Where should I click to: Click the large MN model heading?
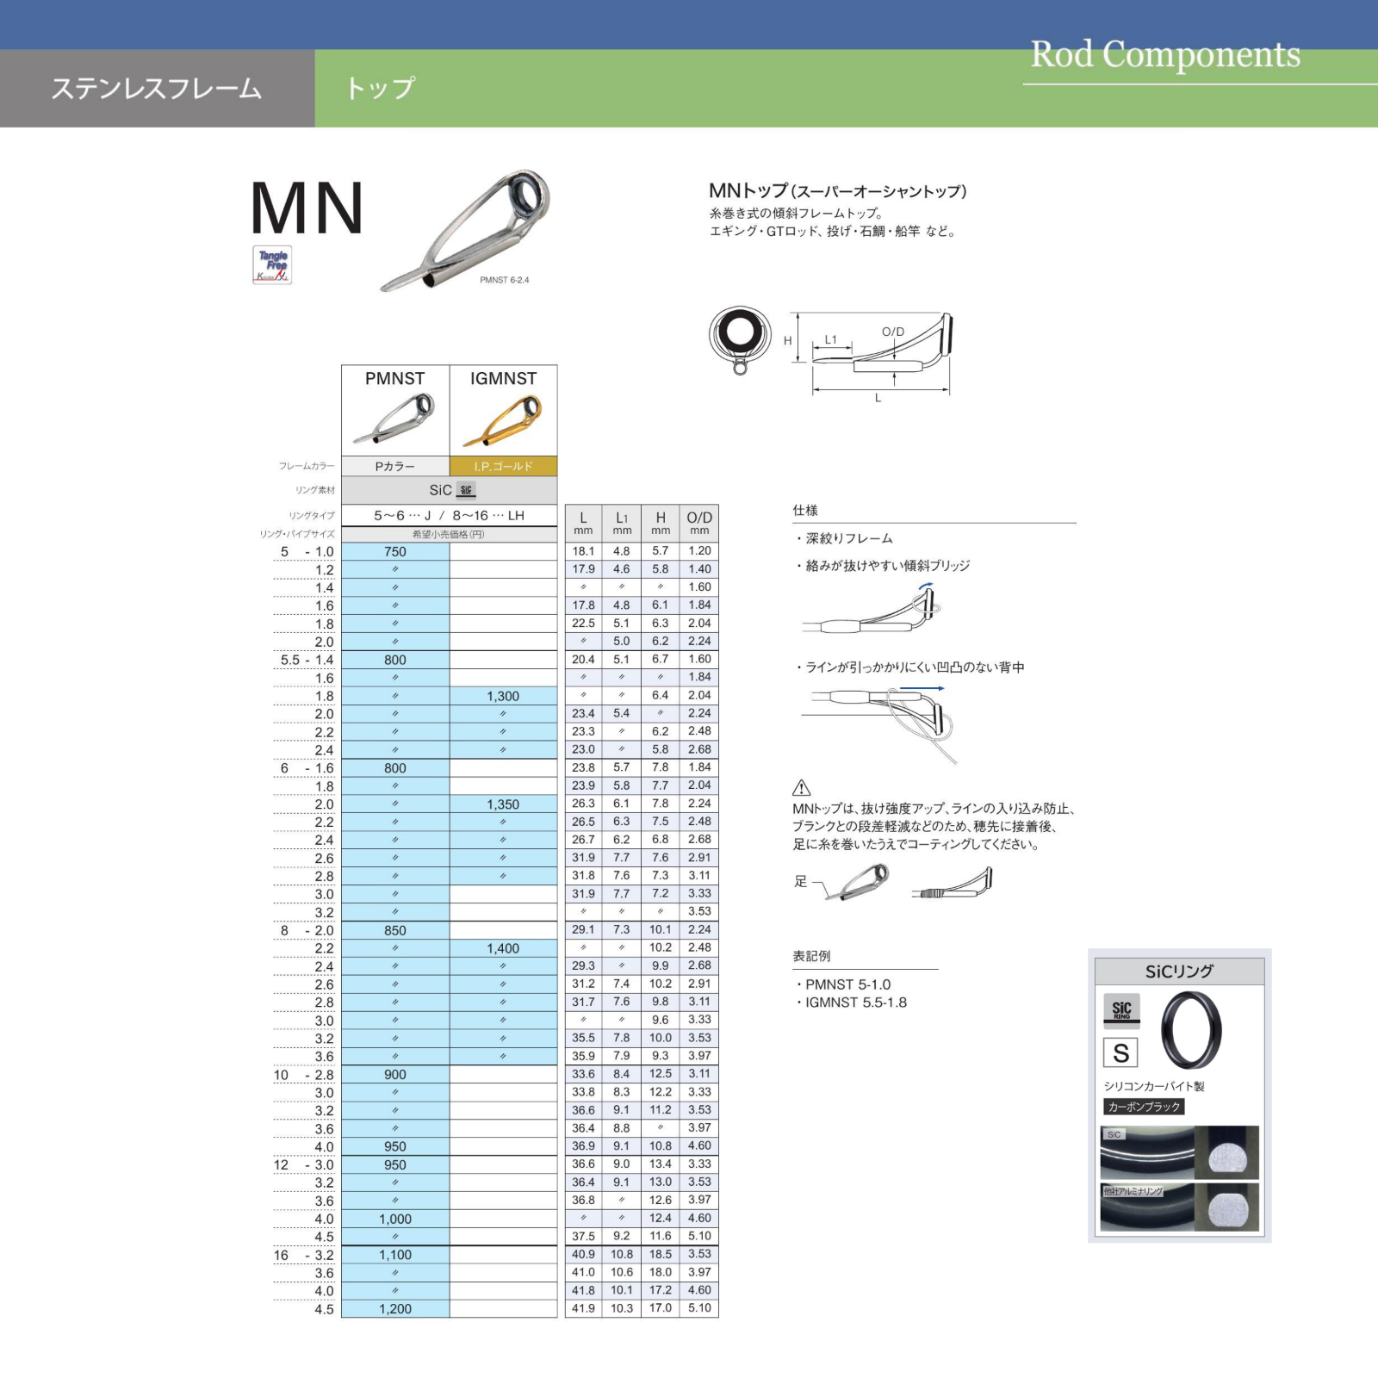click(307, 209)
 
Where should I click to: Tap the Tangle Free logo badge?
click(272, 265)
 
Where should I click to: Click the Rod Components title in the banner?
click(1165, 55)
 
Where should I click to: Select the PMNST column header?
click(394, 379)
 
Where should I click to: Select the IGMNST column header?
click(503, 379)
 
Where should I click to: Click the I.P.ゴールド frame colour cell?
click(503, 466)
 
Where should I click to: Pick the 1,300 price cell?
click(503, 696)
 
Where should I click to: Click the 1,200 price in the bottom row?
click(395, 1308)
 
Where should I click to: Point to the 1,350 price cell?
click(503, 804)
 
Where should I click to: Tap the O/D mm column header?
click(699, 522)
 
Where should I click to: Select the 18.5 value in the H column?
click(661, 1254)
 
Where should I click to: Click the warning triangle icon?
click(801, 787)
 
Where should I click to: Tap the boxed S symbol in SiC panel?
click(1120, 1052)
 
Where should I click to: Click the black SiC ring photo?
click(1191, 1030)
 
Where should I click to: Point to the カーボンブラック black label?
click(1144, 1107)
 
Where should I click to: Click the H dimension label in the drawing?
click(787, 341)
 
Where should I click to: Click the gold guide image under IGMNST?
click(503, 421)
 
